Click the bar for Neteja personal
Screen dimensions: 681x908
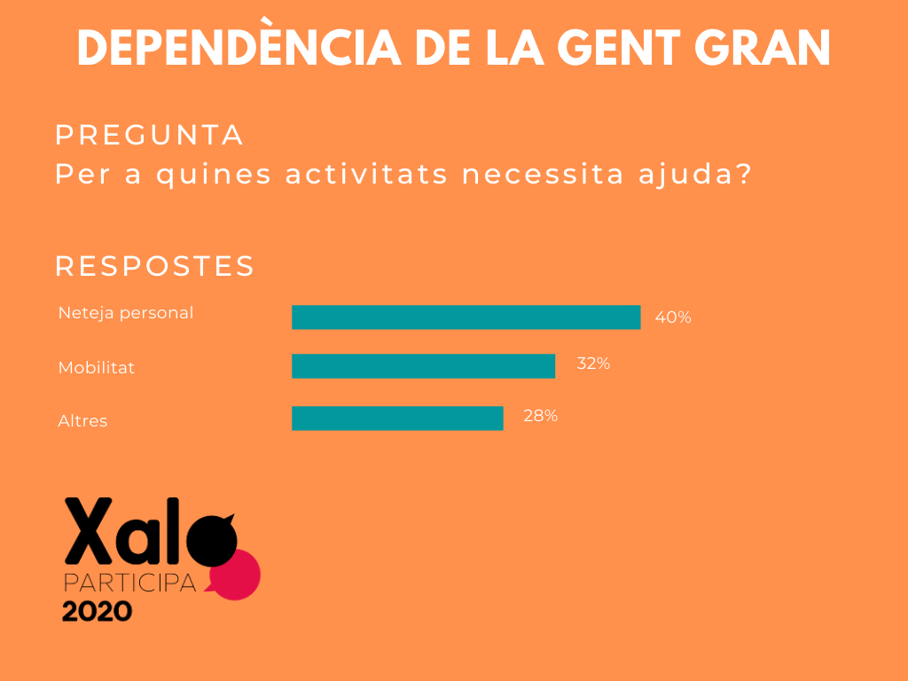click(466, 317)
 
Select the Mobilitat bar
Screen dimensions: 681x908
click(423, 366)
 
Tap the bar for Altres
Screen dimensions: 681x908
click(397, 418)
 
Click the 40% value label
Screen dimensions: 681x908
click(673, 317)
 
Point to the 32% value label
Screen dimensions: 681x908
click(593, 363)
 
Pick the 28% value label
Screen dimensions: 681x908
click(540, 415)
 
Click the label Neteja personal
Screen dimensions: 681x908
click(125, 313)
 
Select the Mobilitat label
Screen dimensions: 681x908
click(97, 367)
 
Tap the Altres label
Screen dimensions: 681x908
click(82, 420)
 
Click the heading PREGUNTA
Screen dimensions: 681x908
click(149, 135)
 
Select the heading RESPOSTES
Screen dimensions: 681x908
click(155, 265)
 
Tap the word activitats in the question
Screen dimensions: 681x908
click(366, 174)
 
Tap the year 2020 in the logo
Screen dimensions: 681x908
click(97, 611)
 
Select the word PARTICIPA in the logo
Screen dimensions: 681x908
click(130, 583)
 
